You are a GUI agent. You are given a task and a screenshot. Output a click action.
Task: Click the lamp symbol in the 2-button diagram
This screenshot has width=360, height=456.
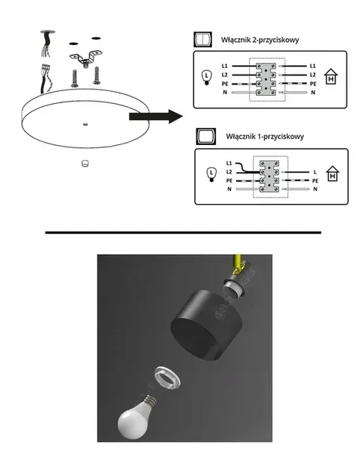pos(208,77)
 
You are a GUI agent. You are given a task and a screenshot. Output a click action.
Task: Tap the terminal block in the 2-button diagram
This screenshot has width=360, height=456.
pos(269,79)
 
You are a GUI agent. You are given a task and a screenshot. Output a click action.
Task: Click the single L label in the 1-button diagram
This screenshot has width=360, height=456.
pos(315,172)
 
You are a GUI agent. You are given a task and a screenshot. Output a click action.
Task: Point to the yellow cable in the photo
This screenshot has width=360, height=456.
pos(237,264)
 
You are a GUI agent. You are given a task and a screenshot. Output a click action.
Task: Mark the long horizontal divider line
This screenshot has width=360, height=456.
pos(182,233)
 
